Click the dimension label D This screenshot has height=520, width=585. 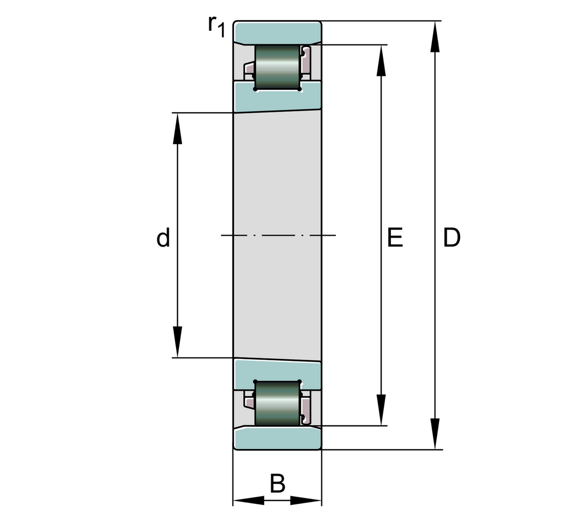pos(451,238)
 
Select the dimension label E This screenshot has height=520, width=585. pos(395,238)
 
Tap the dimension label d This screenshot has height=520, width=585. pos(163,238)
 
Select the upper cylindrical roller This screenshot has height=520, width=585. pos(277,67)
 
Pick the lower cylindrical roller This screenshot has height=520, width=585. pos(277,403)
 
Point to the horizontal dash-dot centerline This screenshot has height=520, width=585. pos(278,236)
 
